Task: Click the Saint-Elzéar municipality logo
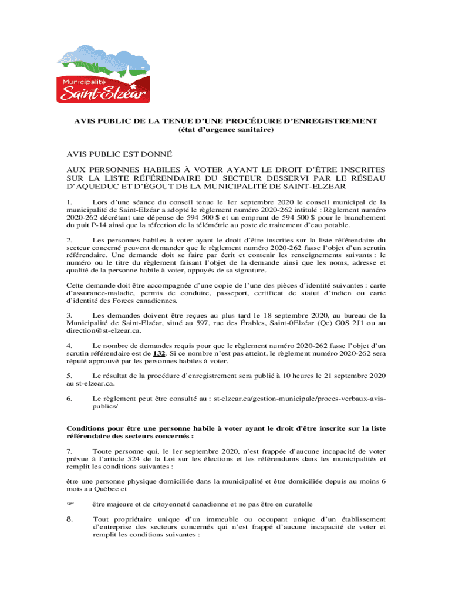tap(103, 74)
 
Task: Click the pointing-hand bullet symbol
tap(70, 504)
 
